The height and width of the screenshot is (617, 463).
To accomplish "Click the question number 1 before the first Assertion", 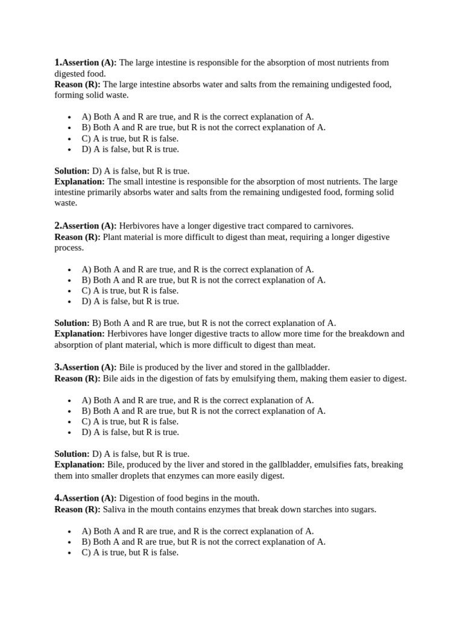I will [57, 62].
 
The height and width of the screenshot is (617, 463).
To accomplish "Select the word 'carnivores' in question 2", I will [332, 226].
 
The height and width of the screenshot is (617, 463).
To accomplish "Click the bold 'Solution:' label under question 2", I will [72, 323].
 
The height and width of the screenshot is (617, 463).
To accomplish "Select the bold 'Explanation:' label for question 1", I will [80, 181].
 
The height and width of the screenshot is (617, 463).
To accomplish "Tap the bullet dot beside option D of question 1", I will [70, 149].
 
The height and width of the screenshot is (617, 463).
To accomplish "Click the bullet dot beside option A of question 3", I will [70, 401].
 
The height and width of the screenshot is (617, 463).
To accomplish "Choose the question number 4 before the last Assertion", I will [57, 498].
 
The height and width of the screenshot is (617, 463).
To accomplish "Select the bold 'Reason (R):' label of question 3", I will [77, 378].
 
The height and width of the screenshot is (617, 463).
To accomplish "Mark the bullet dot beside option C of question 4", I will [70, 553].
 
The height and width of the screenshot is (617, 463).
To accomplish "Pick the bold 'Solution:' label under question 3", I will [72, 454].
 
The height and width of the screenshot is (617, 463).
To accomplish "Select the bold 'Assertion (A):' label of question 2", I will [89, 226].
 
